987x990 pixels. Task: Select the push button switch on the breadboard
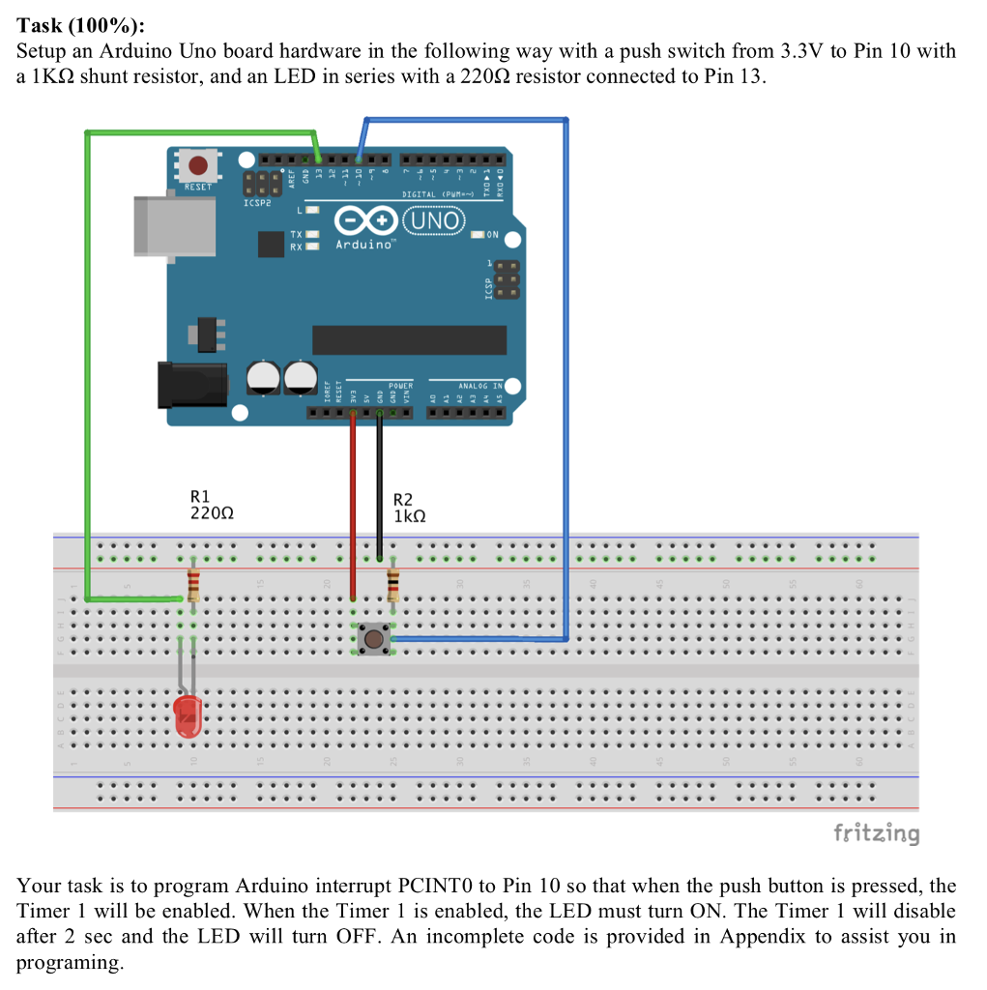[x=372, y=638]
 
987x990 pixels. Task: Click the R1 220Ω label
[x=206, y=508]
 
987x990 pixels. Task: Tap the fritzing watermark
[x=876, y=832]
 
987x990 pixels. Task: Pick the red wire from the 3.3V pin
[x=353, y=503]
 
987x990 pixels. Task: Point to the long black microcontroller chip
[x=409, y=339]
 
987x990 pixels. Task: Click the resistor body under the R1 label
[x=193, y=585]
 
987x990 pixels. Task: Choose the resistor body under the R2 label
[x=392, y=585]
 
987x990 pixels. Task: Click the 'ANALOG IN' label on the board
[x=479, y=386]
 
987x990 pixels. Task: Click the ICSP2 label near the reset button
[x=257, y=204]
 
